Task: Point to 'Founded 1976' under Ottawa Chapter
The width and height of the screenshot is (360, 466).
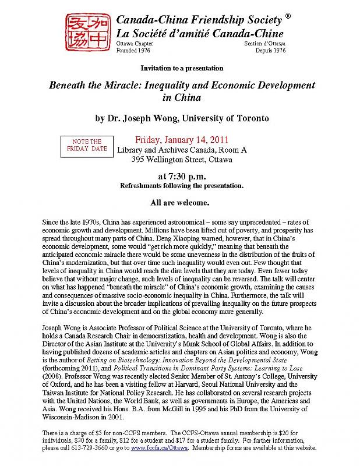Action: coord(133,51)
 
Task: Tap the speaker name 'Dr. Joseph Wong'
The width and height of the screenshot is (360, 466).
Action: coord(141,118)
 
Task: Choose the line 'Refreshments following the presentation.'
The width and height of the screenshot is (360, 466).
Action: coord(181,186)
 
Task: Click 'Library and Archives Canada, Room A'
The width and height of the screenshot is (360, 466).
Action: coord(182,150)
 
